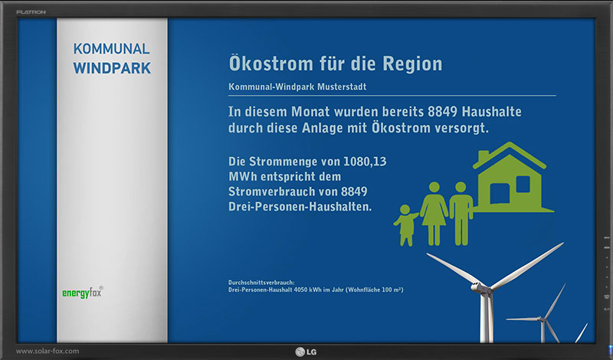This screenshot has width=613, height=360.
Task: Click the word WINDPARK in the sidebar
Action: (112, 68)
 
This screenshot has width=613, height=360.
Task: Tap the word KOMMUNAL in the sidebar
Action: (111, 49)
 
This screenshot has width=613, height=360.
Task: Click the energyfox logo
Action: (83, 293)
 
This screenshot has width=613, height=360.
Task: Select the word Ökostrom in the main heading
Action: (271, 64)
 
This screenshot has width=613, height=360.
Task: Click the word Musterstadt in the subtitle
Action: (342, 87)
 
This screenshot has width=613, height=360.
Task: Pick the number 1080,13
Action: (365, 162)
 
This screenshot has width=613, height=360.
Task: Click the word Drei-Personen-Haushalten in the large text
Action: (300, 206)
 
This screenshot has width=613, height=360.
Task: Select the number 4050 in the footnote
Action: (300, 290)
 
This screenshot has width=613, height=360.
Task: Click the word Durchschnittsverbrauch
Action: (261, 282)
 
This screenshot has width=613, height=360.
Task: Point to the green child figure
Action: (406, 225)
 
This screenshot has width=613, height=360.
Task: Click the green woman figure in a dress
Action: (434, 214)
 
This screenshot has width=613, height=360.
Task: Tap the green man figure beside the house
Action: (461, 214)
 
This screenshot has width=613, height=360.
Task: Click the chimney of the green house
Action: (484, 156)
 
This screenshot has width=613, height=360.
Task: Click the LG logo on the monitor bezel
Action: (306, 352)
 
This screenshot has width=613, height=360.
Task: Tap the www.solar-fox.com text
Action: (48, 351)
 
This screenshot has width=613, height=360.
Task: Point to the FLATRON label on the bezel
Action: (31, 12)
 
